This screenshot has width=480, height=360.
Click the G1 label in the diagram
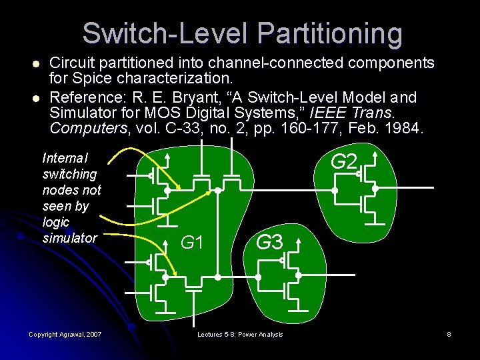pyautogui.click(x=192, y=243)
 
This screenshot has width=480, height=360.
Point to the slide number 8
pyautogui.click(x=449, y=334)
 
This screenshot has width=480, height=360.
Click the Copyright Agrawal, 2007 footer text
pyautogui.click(x=65, y=334)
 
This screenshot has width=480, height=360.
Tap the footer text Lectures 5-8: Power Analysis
pyautogui.click(x=240, y=334)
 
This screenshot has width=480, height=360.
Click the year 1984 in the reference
pyautogui.click(x=402, y=129)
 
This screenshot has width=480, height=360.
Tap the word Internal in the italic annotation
pyautogui.click(x=65, y=159)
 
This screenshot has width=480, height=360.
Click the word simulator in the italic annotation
pyautogui.click(x=69, y=238)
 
